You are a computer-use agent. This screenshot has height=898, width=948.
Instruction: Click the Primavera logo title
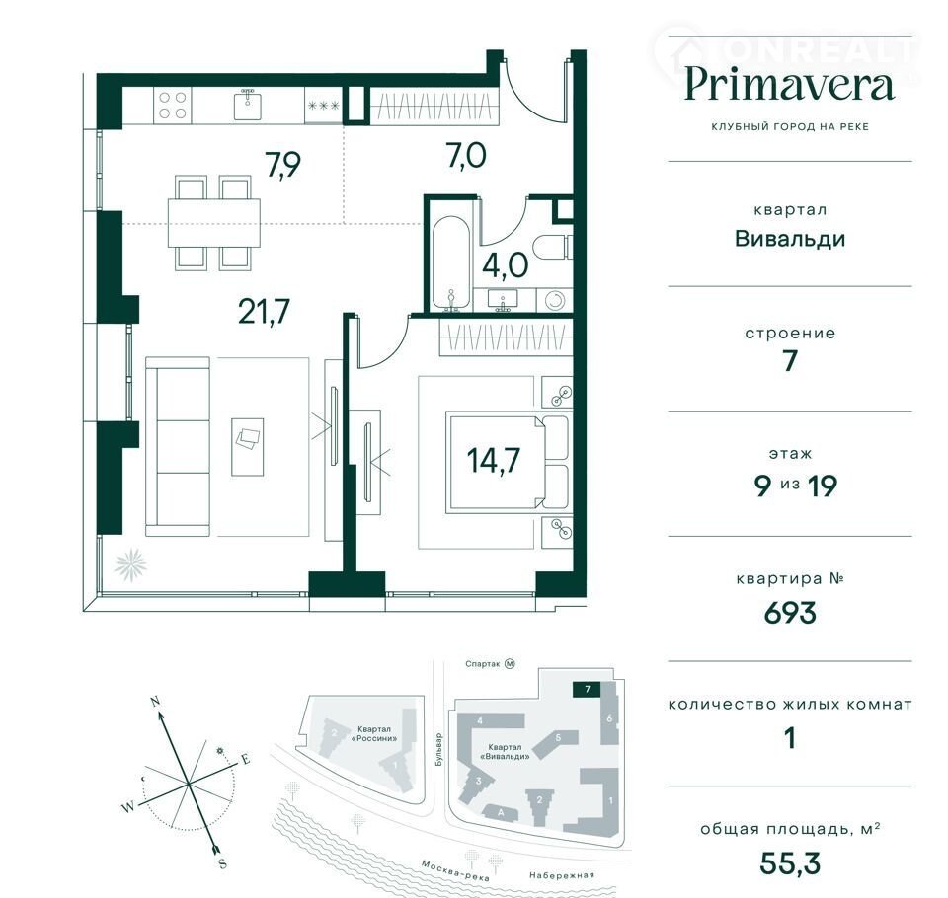tap(790, 87)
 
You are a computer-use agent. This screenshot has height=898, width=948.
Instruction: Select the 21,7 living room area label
tap(265, 312)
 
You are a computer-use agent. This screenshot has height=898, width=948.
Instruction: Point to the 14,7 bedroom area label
tap(494, 461)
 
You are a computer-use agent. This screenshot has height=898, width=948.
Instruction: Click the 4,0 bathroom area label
tap(506, 265)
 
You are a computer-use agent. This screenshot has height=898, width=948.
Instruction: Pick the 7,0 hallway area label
tap(466, 156)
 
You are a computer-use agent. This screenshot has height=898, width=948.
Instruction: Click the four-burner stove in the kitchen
tap(172, 106)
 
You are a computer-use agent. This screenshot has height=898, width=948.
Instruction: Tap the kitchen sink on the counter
tap(247, 105)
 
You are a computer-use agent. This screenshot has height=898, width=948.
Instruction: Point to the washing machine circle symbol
tap(554, 300)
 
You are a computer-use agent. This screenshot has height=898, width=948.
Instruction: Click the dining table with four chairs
tap(214, 222)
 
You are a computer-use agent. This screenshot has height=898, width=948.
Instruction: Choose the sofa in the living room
tap(178, 446)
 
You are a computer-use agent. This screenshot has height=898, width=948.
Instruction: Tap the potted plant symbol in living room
tap(130, 565)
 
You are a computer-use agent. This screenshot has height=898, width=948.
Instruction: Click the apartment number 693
tap(790, 613)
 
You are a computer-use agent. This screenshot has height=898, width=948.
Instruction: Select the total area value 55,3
tap(790, 863)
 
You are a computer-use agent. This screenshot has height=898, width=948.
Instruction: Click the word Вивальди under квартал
tap(790, 239)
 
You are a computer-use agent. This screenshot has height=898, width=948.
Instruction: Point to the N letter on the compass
tap(155, 702)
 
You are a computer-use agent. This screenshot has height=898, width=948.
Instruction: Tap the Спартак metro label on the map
tap(483, 664)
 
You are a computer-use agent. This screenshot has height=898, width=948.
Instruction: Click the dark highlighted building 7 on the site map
tap(587, 689)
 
